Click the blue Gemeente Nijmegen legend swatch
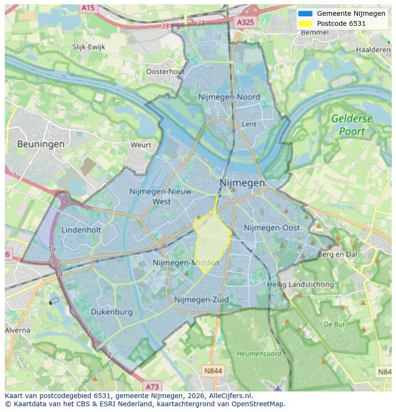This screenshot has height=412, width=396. click(x=305, y=13)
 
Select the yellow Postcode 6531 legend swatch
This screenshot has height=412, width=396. click(x=305, y=23)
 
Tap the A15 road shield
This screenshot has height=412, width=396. click(x=88, y=8)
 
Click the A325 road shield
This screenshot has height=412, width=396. click(x=246, y=22)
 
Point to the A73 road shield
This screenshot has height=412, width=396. click(x=152, y=386)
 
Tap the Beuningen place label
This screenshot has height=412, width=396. click(x=41, y=144)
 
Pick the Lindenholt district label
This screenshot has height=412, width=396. click(x=81, y=230)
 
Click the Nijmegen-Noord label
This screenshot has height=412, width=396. click(x=229, y=97)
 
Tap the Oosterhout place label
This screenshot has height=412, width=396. click(x=165, y=71)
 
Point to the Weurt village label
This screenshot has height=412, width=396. click(x=141, y=145)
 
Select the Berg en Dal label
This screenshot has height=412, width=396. click(x=337, y=255)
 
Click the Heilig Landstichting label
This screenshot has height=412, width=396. click(x=300, y=284)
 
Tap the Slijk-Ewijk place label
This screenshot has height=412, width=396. click(x=88, y=46)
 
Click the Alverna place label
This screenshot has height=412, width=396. click(x=18, y=330)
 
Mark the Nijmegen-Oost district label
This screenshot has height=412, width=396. click(x=272, y=228)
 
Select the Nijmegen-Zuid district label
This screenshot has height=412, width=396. click(x=201, y=300)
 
